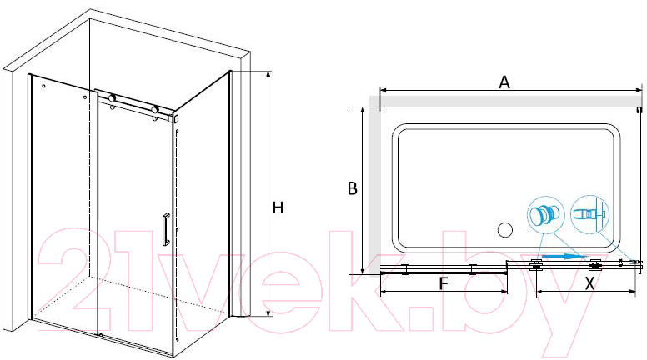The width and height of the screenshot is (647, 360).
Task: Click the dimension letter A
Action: click(x=504, y=82)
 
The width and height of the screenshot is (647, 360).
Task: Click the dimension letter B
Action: click(x=352, y=188)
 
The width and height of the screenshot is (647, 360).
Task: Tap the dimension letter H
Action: click(x=278, y=207)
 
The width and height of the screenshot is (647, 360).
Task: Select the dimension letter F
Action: click(x=444, y=283)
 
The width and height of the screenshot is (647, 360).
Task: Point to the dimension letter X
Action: click(x=590, y=283)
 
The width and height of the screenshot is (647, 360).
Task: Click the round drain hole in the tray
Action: click(x=504, y=230)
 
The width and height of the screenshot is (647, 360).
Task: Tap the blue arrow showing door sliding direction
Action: click(x=564, y=257)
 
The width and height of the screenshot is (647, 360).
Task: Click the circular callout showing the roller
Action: click(x=546, y=214)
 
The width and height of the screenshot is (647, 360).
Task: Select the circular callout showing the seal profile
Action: click(x=589, y=214)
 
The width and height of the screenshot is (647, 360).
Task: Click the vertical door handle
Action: click(x=166, y=229)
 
